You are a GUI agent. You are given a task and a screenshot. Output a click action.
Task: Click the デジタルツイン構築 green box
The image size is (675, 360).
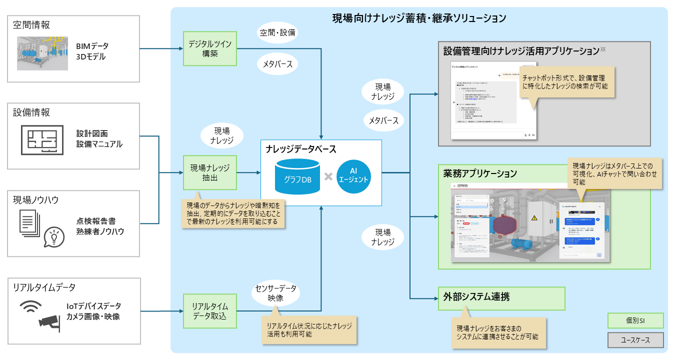click(210, 48)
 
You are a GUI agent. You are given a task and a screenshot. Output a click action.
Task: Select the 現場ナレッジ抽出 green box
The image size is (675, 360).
click(210, 172)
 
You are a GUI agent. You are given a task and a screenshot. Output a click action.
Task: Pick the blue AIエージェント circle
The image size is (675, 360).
click(353, 176)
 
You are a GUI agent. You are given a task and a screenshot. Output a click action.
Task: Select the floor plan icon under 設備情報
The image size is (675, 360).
click(42, 140)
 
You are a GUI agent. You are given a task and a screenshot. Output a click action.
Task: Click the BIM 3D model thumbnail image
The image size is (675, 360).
click(42, 53)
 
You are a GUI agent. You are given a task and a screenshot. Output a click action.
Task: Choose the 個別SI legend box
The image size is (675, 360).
click(635, 320)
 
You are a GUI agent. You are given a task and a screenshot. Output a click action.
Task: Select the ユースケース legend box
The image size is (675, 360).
click(635, 340)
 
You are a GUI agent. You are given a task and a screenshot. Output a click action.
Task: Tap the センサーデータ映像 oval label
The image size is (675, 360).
click(275, 292)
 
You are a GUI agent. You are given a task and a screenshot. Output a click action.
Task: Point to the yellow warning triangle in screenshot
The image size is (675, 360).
click(534, 218)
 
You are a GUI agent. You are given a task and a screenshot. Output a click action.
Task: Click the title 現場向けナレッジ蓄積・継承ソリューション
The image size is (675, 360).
click(419, 19)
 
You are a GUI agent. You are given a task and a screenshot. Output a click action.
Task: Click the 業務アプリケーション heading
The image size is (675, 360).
click(480, 174)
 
